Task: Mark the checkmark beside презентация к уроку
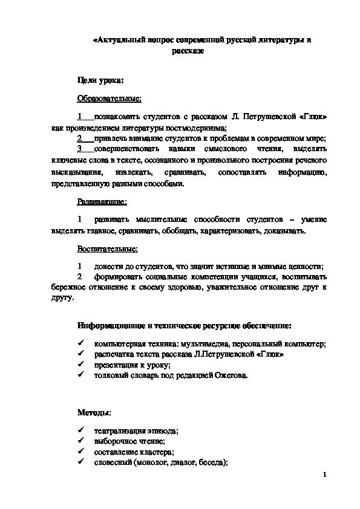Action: pos(80,365)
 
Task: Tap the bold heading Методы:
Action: pos(94,412)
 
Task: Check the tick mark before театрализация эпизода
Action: pos(80,431)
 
